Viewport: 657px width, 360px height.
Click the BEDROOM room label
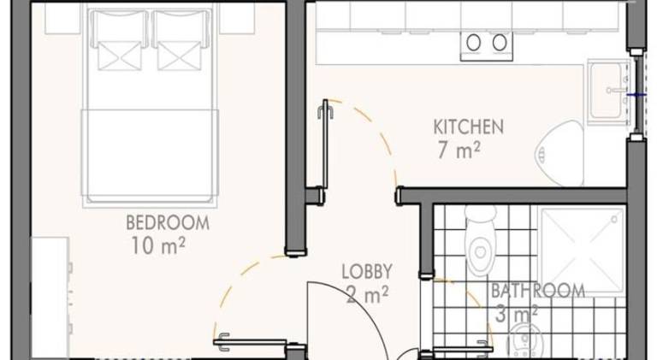(x=168, y=222)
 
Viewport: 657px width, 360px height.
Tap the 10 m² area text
(x=158, y=245)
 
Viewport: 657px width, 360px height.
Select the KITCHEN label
(x=469, y=127)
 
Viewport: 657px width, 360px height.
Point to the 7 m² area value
(x=459, y=150)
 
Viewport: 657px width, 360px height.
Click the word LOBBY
(x=367, y=272)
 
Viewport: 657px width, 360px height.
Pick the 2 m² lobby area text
(x=368, y=295)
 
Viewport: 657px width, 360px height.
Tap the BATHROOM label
(x=538, y=291)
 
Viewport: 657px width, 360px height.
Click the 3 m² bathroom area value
(x=517, y=314)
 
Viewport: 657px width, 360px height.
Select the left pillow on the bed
(x=120, y=40)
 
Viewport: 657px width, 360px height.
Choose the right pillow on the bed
(x=181, y=40)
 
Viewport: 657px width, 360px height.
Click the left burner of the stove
(x=473, y=43)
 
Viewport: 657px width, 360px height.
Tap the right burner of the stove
(x=500, y=43)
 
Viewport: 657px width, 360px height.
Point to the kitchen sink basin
(x=607, y=91)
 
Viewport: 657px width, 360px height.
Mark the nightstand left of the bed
(x=62, y=18)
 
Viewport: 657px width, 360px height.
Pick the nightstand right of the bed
(x=237, y=18)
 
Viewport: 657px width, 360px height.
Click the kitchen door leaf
(x=325, y=144)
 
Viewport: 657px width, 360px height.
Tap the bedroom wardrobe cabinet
(x=50, y=298)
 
